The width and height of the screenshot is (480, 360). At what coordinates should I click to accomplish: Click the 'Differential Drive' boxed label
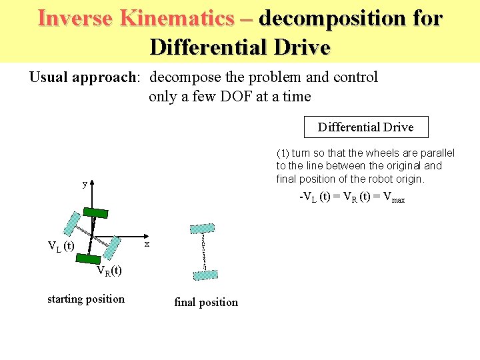[365, 127]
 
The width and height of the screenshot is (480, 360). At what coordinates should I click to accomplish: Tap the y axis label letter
[84, 184]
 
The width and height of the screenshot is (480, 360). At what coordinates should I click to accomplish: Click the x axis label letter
[147, 245]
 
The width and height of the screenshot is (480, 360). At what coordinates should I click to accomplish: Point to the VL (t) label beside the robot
[61, 246]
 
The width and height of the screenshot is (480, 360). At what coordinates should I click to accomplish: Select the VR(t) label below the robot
[109, 271]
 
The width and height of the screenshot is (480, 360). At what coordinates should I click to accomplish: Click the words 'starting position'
[86, 299]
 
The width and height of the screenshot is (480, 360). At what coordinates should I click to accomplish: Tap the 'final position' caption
[205, 302]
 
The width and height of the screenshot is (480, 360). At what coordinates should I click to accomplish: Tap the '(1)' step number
[283, 153]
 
